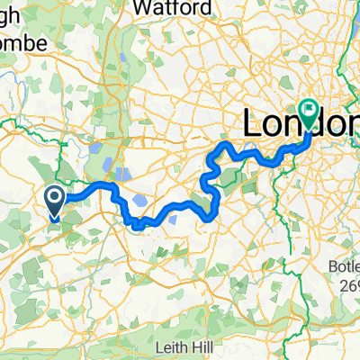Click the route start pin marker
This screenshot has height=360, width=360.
tap(55, 202)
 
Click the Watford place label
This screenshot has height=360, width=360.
tap(168, 8)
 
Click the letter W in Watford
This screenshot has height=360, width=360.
tap(141, 8)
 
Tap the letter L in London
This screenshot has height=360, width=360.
tap(251, 124)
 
